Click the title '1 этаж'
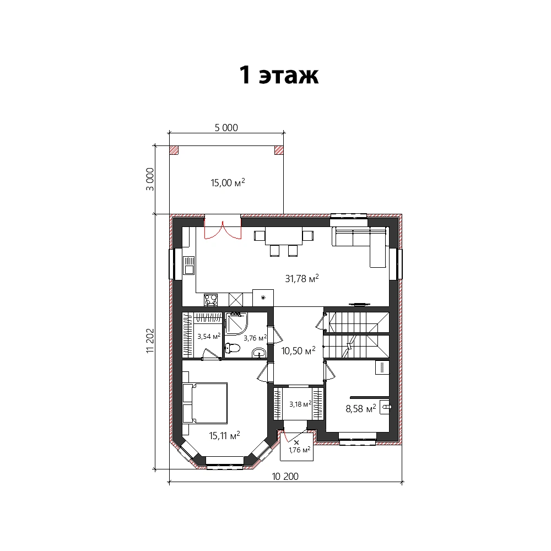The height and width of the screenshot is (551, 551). point(279,75)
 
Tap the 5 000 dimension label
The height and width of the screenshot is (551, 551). point(226,128)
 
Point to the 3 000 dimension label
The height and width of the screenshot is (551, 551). point(150,179)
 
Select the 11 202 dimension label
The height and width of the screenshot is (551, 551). point(150,341)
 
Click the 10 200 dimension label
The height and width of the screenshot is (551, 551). point(285,477)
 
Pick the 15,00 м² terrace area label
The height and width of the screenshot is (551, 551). point(228,182)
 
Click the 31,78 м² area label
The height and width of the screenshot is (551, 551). point(302,278)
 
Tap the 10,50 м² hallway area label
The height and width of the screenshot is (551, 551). point(298,350)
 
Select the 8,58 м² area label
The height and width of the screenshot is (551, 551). point(361,408)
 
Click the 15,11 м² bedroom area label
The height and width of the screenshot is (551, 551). point(225,435)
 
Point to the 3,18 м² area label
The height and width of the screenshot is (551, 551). point(300,404)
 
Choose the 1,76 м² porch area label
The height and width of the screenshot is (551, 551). point(299,450)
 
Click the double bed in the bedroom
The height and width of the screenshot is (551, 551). point(205,403)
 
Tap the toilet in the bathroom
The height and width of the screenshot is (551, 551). point(232,348)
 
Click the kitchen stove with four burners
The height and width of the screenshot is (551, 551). point(211,300)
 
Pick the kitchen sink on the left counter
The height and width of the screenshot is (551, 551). point(188,266)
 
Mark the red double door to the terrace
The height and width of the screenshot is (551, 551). point(223,230)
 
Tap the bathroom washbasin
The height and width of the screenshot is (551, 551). point(259,353)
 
